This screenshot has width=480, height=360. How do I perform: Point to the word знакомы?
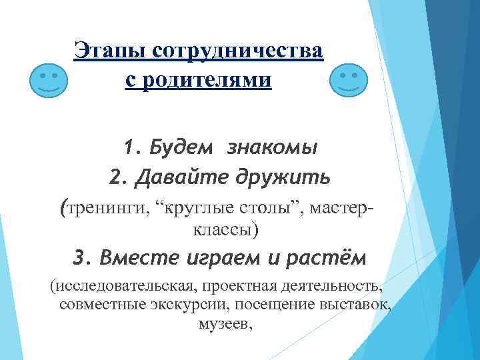[x=271, y=147]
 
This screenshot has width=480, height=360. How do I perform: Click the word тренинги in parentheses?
[x=104, y=209]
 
